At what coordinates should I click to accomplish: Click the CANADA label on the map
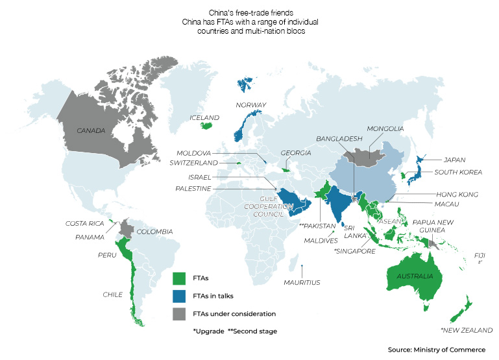[x=91, y=131]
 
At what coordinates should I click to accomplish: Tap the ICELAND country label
[x=204, y=118]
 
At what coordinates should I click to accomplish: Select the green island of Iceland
[x=206, y=126]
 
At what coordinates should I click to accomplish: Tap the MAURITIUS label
[x=302, y=282]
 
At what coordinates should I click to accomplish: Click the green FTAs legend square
[x=179, y=278]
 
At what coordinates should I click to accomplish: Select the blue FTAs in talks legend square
[x=179, y=296]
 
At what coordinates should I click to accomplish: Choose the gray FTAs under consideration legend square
[x=179, y=314]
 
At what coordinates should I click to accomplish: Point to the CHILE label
[x=112, y=294]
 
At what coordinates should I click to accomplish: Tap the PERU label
[x=107, y=255]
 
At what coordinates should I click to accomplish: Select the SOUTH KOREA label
[x=458, y=172]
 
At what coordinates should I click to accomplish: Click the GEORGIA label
[x=296, y=153]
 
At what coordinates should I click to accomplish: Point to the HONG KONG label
[x=457, y=194]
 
